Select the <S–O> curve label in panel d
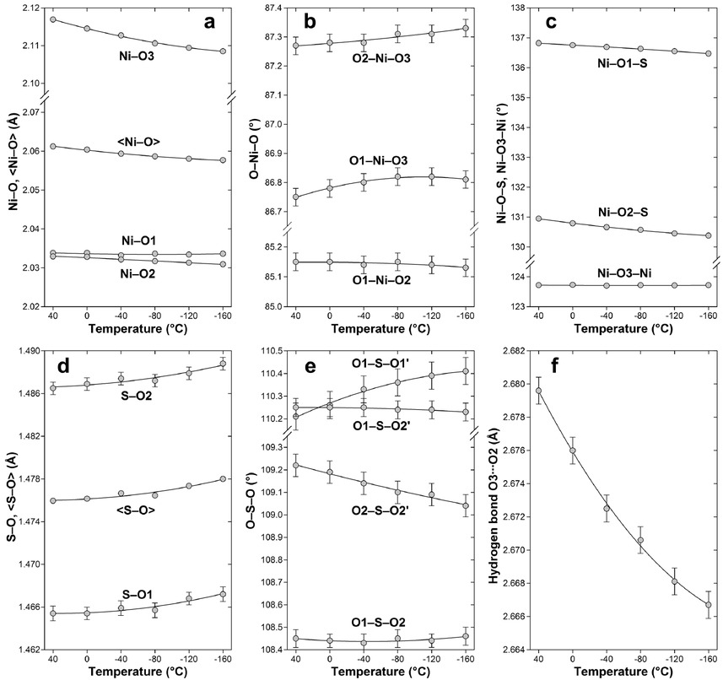pyautogui.click(x=138, y=509)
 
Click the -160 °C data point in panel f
pyautogui.click(x=708, y=605)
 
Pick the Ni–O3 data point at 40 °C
pyautogui.click(x=52, y=19)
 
